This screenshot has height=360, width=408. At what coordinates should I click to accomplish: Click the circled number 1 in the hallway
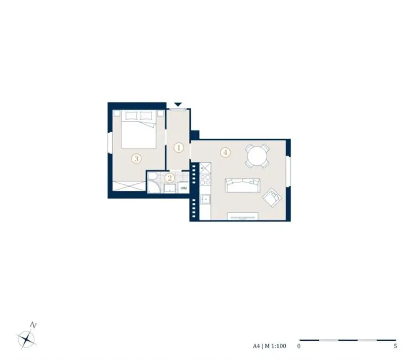pyautogui.click(x=179, y=148)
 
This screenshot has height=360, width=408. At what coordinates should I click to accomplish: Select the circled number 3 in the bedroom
pyautogui.click(x=136, y=159)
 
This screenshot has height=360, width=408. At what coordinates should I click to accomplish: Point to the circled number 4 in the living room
pyautogui.click(x=226, y=152)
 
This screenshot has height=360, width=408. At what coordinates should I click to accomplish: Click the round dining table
pyautogui.click(x=257, y=156)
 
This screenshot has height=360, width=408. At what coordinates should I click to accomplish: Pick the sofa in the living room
pyautogui.click(x=242, y=185)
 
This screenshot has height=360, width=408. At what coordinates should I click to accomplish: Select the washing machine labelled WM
pyautogui.click(x=184, y=188)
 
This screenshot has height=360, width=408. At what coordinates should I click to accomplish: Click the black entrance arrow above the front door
pyautogui.click(x=178, y=104)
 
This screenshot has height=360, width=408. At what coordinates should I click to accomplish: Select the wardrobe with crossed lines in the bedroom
pyautogui.click(x=129, y=186)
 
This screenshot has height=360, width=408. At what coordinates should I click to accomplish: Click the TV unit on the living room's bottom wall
pyautogui.click(x=242, y=216)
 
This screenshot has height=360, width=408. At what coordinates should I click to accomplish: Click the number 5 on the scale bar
pyautogui.click(x=395, y=346)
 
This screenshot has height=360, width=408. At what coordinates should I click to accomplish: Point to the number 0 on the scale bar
pyautogui.click(x=299, y=346)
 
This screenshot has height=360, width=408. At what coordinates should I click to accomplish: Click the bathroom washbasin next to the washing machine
pyautogui.click(x=170, y=188)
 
